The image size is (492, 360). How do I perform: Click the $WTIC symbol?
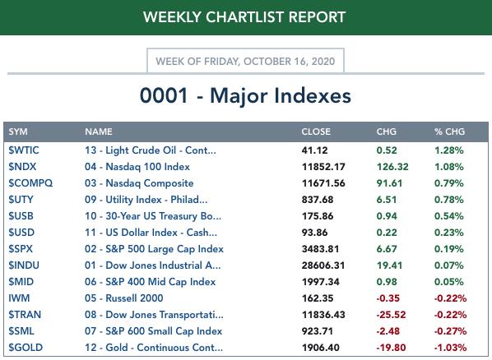pyautogui.click(x=24, y=150)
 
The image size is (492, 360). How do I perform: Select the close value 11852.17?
pyautogui.click(x=323, y=167)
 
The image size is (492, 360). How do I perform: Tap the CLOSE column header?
pyautogui.click(x=316, y=132)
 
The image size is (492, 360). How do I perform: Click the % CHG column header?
pyautogui.click(x=450, y=132)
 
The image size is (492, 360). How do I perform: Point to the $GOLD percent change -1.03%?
pyautogui.click(x=450, y=348)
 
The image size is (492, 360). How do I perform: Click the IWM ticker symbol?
pyautogui.click(x=19, y=298)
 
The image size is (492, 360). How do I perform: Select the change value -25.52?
pyautogui.click(x=391, y=315)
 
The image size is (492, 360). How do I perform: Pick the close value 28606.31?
pyautogui.click(x=323, y=265)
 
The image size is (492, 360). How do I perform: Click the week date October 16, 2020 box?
pyautogui.click(x=245, y=61)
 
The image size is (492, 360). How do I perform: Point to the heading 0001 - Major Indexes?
pyautogui.click(x=245, y=95)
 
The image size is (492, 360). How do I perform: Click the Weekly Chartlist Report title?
pyautogui.click(x=244, y=17)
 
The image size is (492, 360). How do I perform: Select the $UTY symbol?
pyautogui.click(x=21, y=200)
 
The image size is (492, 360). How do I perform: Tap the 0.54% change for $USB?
pyautogui.click(x=449, y=216)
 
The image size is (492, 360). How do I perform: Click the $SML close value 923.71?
pyautogui.click(x=318, y=331)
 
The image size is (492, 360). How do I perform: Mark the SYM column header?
pyautogui.click(x=18, y=132)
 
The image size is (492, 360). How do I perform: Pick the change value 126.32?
pyautogui.click(x=392, y=167)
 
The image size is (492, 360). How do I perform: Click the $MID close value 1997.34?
pyautogui.click(x=321, y=282)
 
